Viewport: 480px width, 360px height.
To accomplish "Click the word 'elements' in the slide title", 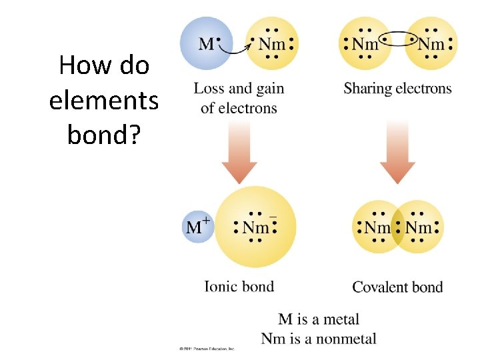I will tap(103, 101).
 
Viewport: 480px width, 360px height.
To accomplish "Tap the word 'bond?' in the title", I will tap(103, 135).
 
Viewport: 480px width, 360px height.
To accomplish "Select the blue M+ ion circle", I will tap(198, 227).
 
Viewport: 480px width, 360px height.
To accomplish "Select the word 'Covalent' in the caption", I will tap(378, 287).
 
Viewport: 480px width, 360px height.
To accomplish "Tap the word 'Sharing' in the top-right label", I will tap(366, 89).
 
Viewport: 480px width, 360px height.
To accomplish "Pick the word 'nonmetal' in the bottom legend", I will tap(346, 339).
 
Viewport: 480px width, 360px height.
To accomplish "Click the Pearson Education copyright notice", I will tap(207, 349).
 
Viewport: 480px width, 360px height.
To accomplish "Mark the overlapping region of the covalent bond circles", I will tap(397, 227).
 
